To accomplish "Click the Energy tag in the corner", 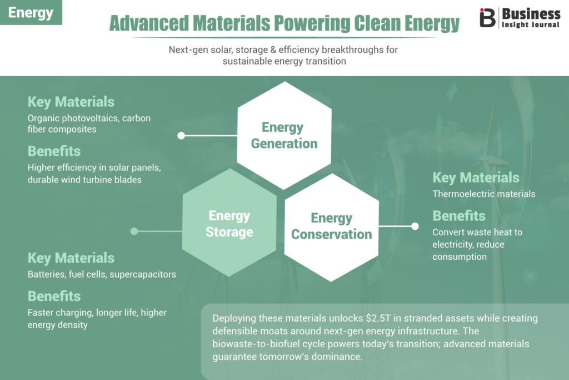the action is click(31, 12).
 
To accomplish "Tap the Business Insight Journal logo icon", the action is click(487, 17).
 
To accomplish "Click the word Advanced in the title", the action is click(149, 23).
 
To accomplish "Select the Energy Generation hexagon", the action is click(284, 136).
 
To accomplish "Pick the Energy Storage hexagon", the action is click(229, 223).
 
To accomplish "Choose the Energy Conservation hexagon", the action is click(332, 228).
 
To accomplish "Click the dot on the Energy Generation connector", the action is click(181, 136).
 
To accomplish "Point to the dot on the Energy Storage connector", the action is click(134, 231).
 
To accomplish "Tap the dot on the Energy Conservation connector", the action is click(415, 226).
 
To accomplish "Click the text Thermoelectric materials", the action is click(484, 194).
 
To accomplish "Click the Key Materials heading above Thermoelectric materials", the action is click(476, 177).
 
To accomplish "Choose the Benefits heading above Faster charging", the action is click(54, 296).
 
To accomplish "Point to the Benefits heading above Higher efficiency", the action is click(54, 151).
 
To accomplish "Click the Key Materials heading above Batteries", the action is click(71, 258).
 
